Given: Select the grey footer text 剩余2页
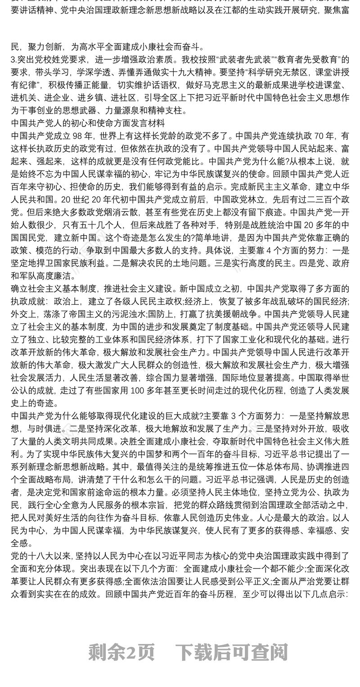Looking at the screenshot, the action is pos(121,651).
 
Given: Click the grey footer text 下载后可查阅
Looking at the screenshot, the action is pos(231,651).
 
